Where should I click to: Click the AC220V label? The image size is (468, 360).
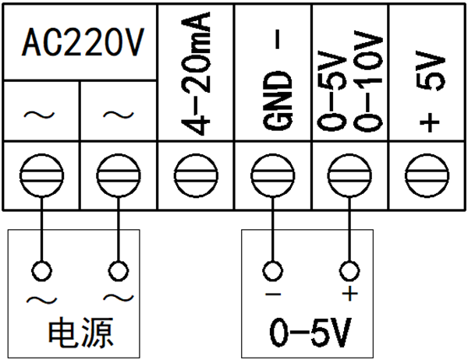(81, 44)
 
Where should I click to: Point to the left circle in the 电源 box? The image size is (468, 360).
(41, 270)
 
